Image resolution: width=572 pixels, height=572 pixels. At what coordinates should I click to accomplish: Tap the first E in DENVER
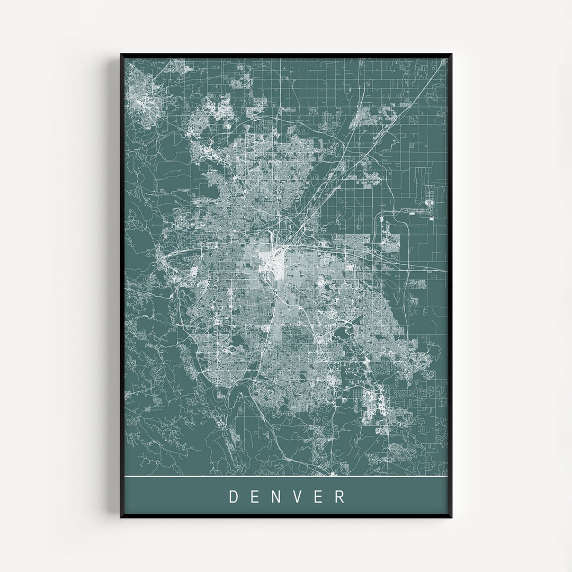pyautogui.click(x=256, y=497)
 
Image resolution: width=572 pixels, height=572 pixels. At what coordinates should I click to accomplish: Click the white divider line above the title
pyautogui.click(x=286, y=477)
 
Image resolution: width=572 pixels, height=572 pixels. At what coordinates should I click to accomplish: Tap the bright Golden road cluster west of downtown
pyautogui.click(x=162, y=259)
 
